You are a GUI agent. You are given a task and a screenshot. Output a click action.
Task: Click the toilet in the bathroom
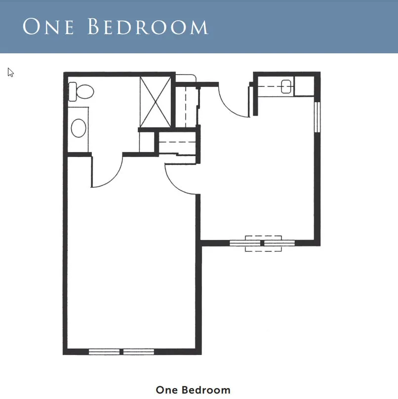pyautogui.click(x=81, y=92)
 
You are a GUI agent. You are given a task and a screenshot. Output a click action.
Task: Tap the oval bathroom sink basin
pyautogui.click(x=79, y=128)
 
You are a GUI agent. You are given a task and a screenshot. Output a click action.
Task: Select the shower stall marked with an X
pyautogui.click(x=156, y=102)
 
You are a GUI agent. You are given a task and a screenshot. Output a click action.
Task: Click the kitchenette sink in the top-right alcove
pyautogui.click(x=286, y=86)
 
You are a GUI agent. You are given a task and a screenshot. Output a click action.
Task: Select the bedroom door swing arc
pyautogui.click(x=176, y=185)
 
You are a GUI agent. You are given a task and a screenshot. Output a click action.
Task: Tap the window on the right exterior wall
pyautogui.click(x=317, y=117)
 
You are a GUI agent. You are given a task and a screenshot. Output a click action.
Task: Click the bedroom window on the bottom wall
pyautogui.click(x=121, y=352)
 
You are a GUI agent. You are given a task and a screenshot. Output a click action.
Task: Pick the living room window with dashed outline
pyautogui.click(x=263, y=243)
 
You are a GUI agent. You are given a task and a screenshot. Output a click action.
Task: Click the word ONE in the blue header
pyautogui.click(x=48, y=26)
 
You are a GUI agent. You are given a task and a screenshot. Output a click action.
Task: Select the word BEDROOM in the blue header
pyautogui.click(x=148, y=26)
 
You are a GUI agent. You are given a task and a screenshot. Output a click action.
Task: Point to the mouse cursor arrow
pyautogui.click(x=10, y=73)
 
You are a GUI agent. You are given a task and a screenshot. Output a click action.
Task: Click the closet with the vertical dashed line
pyautogui.click(x=186, y=107)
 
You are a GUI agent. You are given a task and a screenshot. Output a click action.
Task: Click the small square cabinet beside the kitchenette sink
pyautogui.click(x=304, y=86)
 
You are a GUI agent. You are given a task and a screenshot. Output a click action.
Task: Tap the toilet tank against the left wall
pyautogui.click(x=72, y=92)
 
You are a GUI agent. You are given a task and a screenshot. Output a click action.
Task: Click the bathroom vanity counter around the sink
pyautogui.click(x=78, y=130)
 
